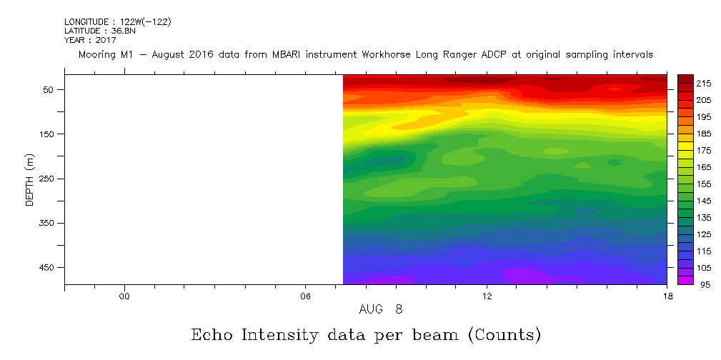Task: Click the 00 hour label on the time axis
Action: pyautogui.click(x=124, y=296)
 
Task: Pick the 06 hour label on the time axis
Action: pyautogui.click(x=305, y=296)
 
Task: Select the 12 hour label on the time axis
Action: pyautogui.click(x=487, y=296)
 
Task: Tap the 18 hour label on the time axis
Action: pyautogui.click(x=667, y=296)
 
